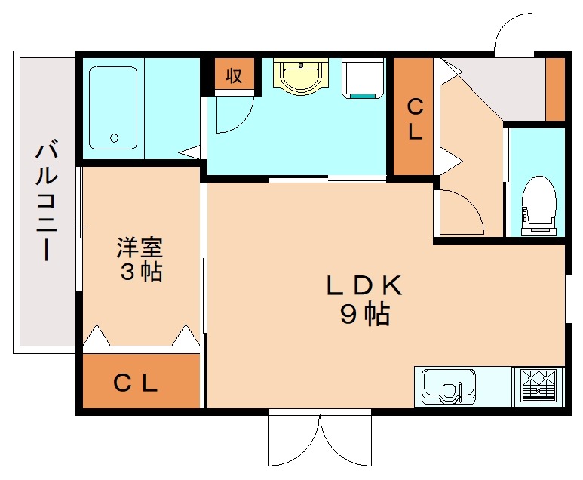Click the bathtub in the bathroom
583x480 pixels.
(112, 107)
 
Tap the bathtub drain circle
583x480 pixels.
(114, 137)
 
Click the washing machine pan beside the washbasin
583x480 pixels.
(364, 78)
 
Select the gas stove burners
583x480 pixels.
(539, 386)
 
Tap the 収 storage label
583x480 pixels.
(234, 75)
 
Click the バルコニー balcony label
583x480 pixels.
(46, 200)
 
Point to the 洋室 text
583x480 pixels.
(140, 247)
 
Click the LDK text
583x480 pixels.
(364, 285)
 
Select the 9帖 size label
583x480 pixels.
(364, 313)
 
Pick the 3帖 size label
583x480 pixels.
(141, 272)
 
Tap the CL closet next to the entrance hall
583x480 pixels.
(414, 119)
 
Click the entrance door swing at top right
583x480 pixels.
(514, 34)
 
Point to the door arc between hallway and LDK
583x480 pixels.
(461, 211)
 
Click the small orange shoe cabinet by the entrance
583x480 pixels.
(555, 88)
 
